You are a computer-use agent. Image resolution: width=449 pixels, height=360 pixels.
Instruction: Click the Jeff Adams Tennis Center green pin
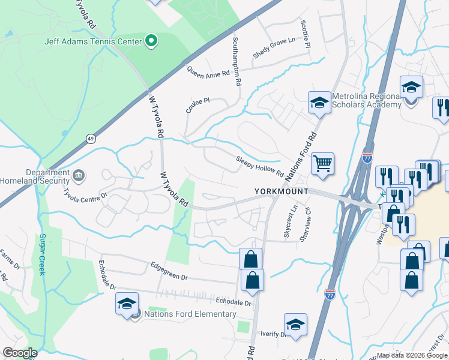(x=152, y=41)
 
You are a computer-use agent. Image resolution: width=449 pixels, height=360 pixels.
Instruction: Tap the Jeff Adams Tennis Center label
(x=93, y=41)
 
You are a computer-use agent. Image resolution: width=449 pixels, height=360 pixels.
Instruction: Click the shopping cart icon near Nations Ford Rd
(x=323, y=163)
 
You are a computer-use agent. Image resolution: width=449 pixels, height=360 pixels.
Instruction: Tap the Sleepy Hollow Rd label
(x=259, y=166)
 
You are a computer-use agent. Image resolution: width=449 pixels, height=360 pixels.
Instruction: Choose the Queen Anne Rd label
(x=208, y=73)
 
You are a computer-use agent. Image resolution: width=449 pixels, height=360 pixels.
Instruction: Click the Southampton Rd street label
(x=238, y=62)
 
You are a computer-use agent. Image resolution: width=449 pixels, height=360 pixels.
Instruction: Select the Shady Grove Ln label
(x=275, y=48)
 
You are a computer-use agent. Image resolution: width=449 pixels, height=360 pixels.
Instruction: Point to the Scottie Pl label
(x=306, y=34)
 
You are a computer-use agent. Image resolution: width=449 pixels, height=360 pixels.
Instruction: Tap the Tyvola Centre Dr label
(x=86, y=195)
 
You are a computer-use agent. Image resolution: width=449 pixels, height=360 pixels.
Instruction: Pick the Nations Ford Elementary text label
(x=190, y=314)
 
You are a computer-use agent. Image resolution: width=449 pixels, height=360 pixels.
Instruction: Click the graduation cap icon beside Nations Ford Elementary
(x=127, y=304)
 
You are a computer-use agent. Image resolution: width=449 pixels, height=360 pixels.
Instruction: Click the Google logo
(x=20, y=353)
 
